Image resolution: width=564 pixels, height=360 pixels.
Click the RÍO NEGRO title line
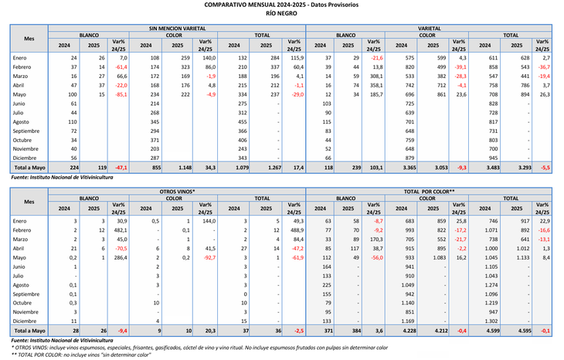click(x=283, y=14)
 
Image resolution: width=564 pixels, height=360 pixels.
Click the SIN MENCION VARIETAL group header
click(x=177, y=28)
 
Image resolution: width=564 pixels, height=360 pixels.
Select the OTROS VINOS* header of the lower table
click(x=177, y=190)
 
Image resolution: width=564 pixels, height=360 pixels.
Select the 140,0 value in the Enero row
click(x=205, y=58)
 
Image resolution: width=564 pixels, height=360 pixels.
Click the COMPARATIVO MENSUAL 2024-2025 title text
click(x=283, y=5)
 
